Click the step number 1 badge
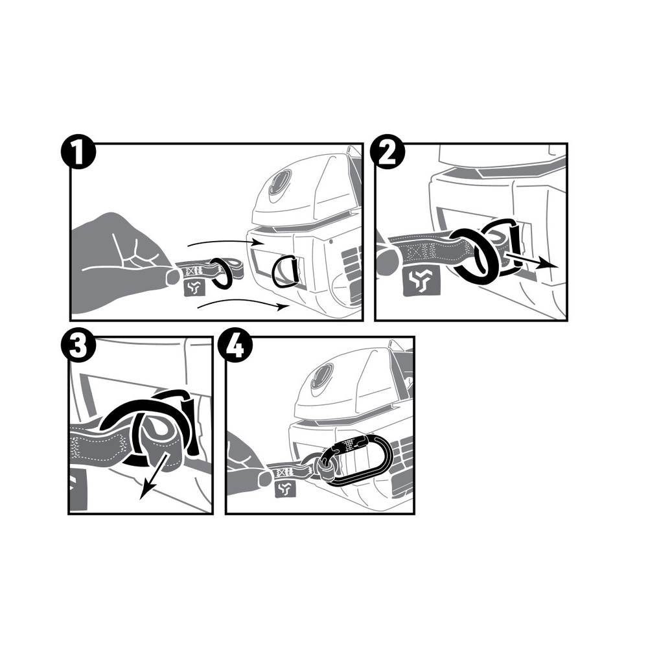[78, 154]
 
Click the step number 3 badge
[78, 346]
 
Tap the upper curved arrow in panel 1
[223, 241]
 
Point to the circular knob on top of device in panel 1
[279, 185]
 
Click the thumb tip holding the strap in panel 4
[264, 479]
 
